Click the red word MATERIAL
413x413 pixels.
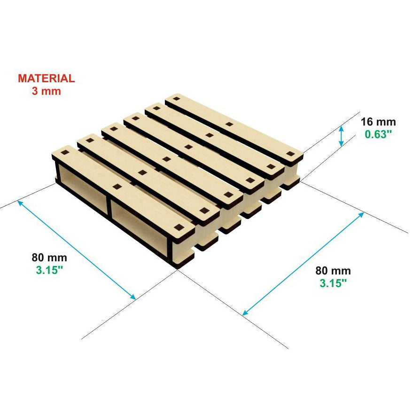point(47,78)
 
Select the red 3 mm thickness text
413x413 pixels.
point(47,91)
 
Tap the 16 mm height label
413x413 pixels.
point(378,122)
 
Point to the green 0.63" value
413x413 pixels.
point(378,134)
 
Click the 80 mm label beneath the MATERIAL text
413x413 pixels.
point(49,257)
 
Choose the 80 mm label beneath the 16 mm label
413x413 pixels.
point(333,271)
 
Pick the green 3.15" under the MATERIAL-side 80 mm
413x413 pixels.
point(49,270)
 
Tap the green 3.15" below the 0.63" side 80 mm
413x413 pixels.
point(333,283)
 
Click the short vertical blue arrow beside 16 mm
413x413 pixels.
point(341,136)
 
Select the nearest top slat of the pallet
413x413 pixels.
point(123,190)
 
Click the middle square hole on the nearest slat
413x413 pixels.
point(117,187)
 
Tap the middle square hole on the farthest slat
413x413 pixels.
point(229,124)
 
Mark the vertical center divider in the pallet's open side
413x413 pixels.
point(109,205)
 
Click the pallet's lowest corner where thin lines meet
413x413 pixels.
point(178,269)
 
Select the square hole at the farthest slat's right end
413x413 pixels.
point(290,154)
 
